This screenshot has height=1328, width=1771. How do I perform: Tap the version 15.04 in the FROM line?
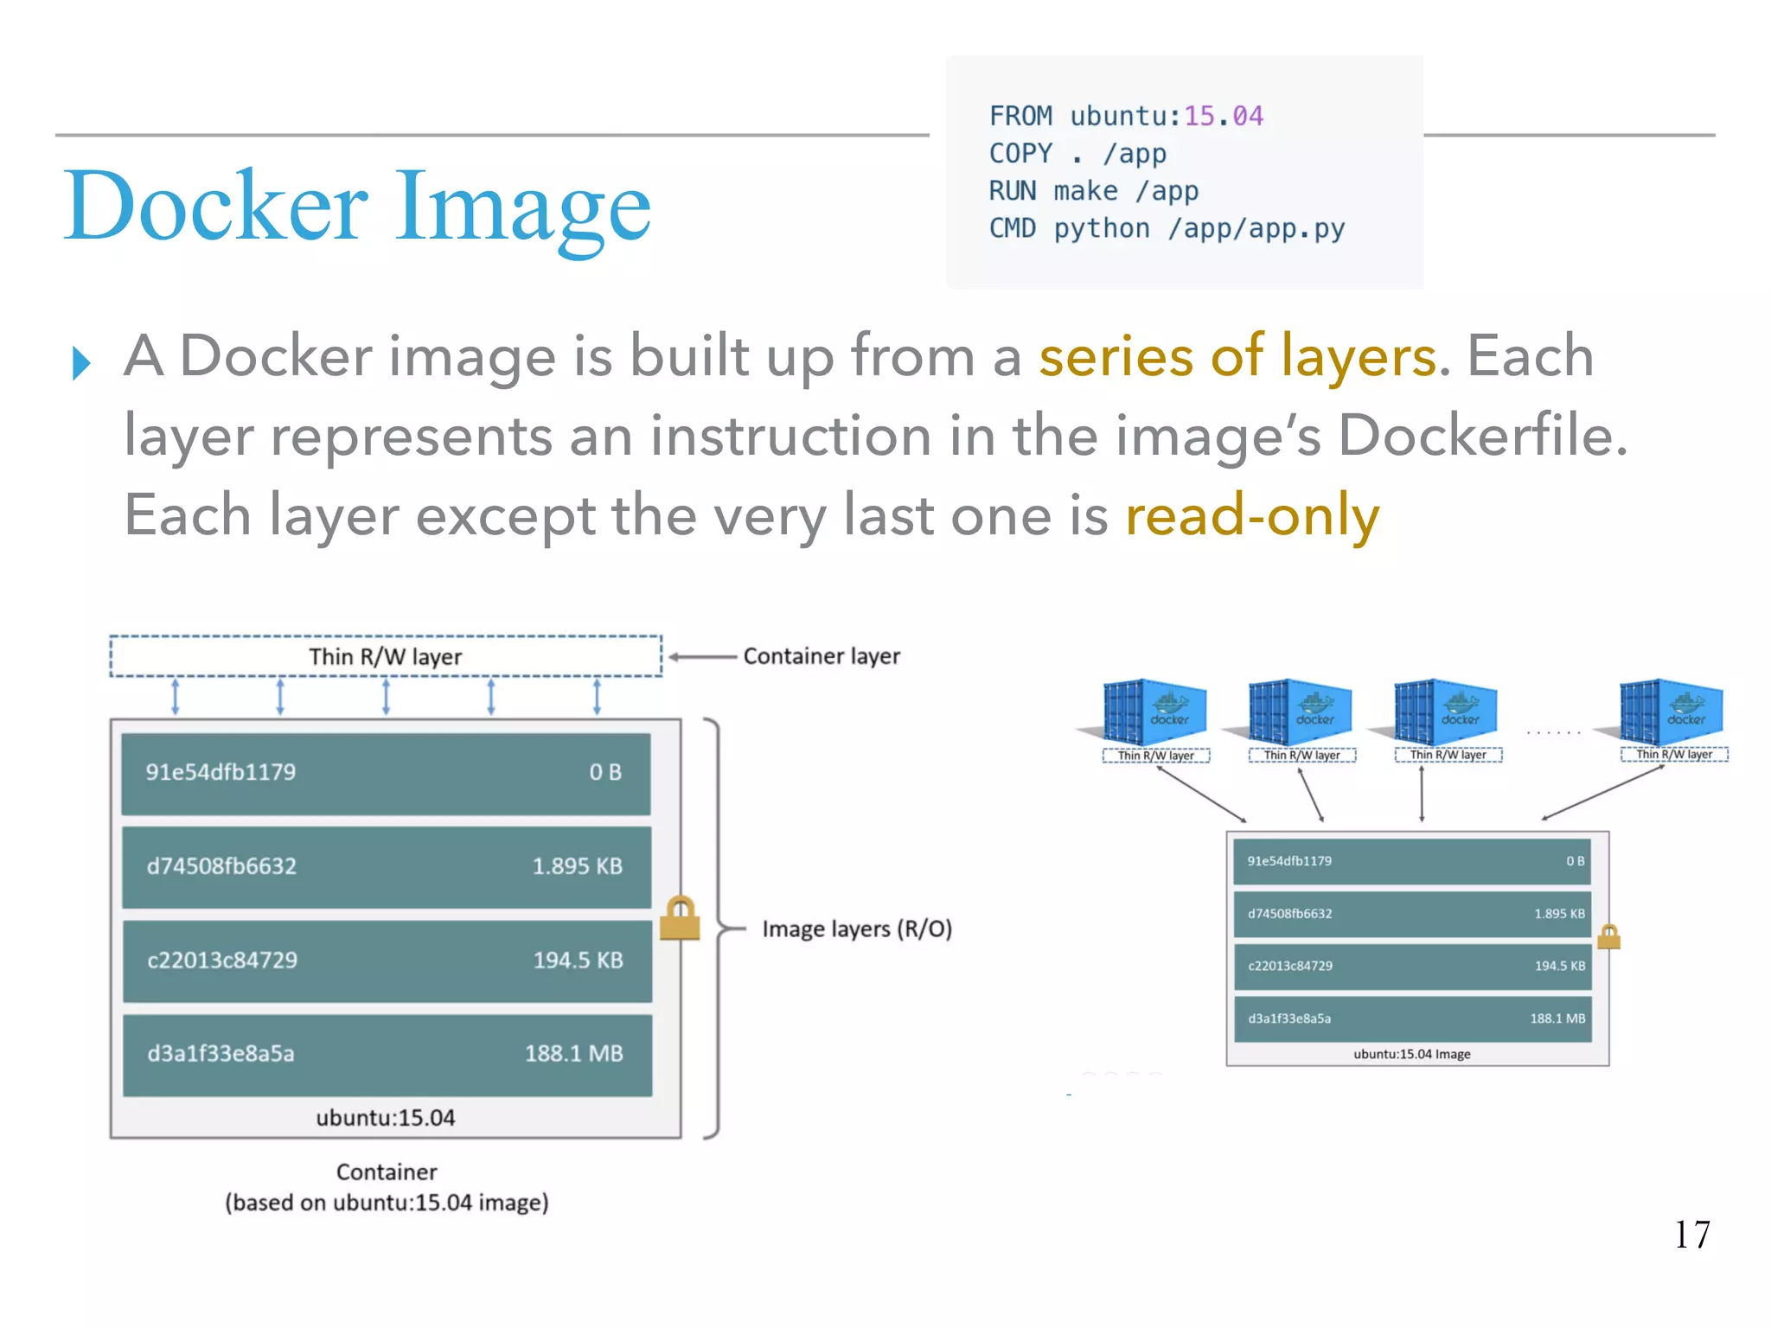pyautogui.click(x=1223, y=116)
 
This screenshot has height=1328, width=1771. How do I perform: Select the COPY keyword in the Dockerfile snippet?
pyautogui.click(x=1020, y=154)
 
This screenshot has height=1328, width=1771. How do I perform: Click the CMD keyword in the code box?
pyautogui.click(x=1012, y=228)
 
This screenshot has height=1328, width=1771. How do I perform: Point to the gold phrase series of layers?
pyautogui.click(x=1237, y=356)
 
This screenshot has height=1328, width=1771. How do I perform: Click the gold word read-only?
pyautogui.click(x=1252, y=515)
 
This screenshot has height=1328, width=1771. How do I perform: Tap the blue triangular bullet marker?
pyautogui.click(x=81, y=362)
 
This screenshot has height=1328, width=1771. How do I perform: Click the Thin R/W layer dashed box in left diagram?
pyautogui.click(x=386, y=656)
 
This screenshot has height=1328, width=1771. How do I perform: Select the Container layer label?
pyautogui.click(x=822, y=656)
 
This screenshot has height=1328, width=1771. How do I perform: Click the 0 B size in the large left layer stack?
pyautogui.click(x=605, y=772)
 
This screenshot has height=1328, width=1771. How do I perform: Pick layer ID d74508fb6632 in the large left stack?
pyautogui.click(x=221, y=866)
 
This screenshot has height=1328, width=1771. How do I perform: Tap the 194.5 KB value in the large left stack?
pyautogui.click(x=578, y=960)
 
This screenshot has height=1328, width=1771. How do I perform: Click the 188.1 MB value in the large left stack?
pyautogui.click(x=573, y=1053)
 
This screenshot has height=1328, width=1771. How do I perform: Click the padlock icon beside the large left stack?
pyautogui.click(x=680, y=918)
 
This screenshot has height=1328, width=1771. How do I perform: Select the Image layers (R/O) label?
pyautogui.click(x=856, y=929)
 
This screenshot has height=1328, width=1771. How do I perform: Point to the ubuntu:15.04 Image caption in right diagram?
pyautogui.click(x=1411, y=1054)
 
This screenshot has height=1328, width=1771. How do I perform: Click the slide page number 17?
pyautogui.click(x=1691, y=1235)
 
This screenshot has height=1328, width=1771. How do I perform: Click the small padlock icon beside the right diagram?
pyautogui.click(x=1608, y=937)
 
